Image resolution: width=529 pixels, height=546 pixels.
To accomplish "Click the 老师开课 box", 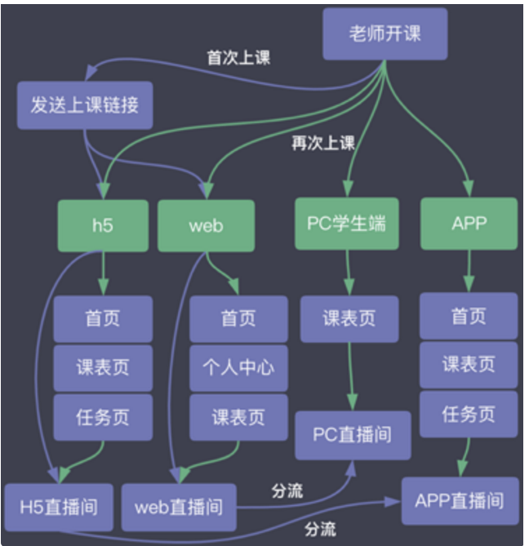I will tap(385, 34).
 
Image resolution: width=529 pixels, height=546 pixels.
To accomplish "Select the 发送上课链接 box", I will tap(85, 105).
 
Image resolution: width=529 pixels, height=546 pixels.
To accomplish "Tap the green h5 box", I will tap(103, 225).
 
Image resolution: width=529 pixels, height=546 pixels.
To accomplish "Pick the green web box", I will tap(206, 225).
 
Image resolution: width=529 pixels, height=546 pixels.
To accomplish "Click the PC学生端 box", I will tap(346, 223).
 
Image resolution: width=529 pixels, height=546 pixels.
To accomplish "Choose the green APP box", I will tap(469, 223).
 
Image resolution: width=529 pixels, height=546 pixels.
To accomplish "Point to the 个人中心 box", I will tap(238, 367).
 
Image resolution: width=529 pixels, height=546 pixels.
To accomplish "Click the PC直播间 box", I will tap(352, 434).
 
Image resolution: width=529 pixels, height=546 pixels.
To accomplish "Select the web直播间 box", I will tap(178, 506).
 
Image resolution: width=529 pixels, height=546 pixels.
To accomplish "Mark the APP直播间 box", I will tap(460, 500).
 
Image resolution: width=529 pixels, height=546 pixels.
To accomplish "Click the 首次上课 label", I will tap(238, 58).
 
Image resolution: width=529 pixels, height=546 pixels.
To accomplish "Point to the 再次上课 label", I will tap(323, 144).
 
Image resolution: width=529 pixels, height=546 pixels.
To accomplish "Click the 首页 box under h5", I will tap(103, 318).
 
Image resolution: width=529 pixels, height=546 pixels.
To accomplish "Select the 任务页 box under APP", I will tap(469, 415).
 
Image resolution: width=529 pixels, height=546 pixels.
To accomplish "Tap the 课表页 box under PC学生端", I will tap(349, 318).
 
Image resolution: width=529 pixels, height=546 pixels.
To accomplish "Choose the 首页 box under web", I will tap(238, 318).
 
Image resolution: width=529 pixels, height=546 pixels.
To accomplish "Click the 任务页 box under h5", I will tap(103, 417).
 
